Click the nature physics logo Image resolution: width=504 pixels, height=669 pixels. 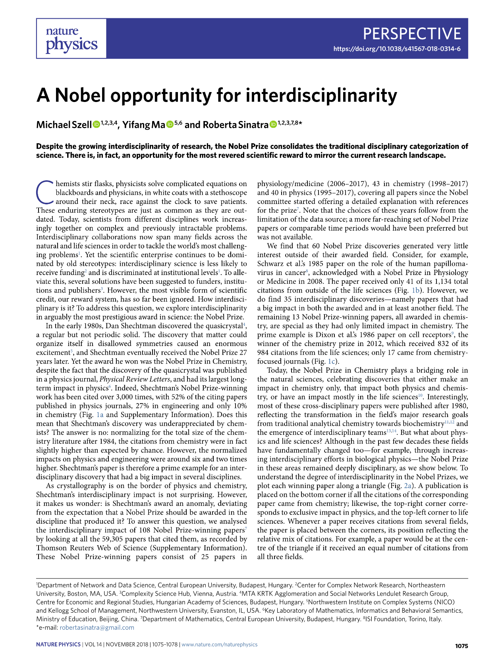click(71, 38)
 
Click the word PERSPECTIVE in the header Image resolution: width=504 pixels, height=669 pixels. click(412, 34)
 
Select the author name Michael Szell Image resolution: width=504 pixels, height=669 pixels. click(64, 125)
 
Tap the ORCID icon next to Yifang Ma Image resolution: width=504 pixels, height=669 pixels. click(170, 125)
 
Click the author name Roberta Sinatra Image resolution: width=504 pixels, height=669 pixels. click(236, 125)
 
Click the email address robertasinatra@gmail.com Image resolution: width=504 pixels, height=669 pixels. click(97, 627)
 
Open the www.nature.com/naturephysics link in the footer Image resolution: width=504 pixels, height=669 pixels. click(219, 644)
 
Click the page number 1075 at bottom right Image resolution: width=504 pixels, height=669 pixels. click(462, 646)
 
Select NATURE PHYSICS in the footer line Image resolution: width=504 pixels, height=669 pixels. click(58, 644)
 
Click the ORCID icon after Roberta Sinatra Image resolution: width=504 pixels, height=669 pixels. click(273, 125)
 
